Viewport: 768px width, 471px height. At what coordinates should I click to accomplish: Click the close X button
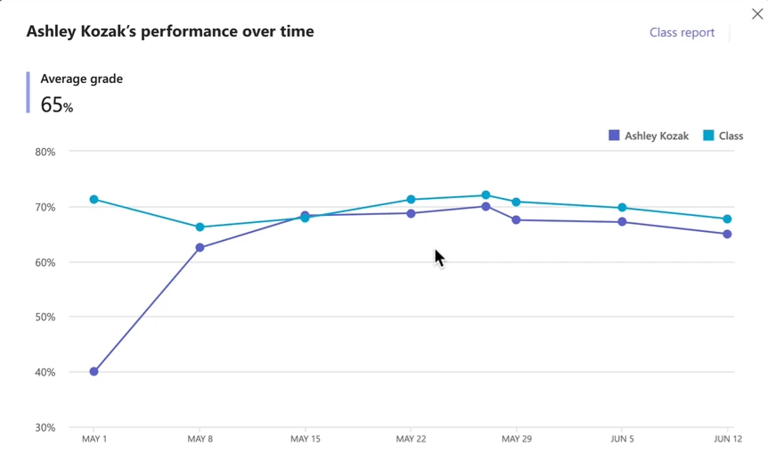(756, 14)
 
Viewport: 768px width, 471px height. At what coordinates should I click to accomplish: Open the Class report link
(682, 32)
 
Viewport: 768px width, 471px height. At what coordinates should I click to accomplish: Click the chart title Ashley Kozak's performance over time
(170, 31)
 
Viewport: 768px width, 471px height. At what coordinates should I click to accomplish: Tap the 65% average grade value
(57, 105)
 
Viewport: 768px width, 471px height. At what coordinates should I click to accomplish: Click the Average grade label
(82, 78)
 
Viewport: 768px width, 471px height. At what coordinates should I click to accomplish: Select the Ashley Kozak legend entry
(649, 136)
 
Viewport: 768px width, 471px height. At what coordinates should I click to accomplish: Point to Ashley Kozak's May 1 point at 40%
(94, 371)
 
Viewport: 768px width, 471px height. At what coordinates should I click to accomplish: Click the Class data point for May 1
(94, 200)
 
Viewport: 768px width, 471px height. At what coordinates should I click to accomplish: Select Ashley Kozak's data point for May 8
(200, 247)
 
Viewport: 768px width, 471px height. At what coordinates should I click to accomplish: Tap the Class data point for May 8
(200, 227)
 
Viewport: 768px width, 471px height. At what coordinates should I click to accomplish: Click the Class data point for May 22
(411, 200)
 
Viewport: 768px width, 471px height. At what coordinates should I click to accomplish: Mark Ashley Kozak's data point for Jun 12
(728, 234)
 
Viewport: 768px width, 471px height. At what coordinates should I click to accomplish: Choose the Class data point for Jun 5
(622, 208)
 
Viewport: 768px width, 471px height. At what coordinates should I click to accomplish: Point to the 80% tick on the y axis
(45, 152)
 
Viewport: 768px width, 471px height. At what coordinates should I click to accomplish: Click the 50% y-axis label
(45, 317)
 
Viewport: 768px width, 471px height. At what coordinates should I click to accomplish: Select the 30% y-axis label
(45, 427)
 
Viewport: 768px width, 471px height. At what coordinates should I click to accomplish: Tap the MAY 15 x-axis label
(306, 439)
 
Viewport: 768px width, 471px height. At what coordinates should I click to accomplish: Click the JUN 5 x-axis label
(622, 439)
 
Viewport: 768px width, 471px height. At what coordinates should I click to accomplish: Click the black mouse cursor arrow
(438, 258)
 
